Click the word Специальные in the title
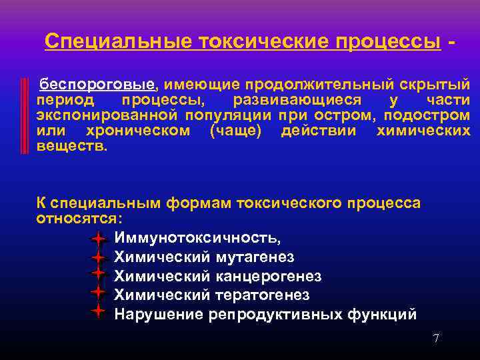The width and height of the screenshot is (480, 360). (x=107, y=42)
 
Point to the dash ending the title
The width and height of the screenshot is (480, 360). (x=453, y=42)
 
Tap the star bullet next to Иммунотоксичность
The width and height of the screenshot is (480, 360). (x=98, y=238)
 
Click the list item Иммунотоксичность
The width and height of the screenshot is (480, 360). (x=197, y=238)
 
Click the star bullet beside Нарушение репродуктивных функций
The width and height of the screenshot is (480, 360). (x=98, y=311)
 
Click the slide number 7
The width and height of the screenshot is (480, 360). (x=436, y=339)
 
